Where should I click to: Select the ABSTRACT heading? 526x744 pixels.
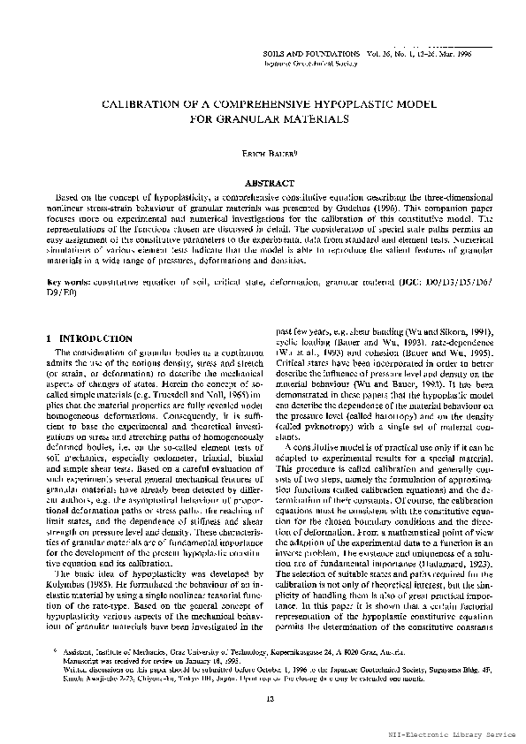click(263, 180)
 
